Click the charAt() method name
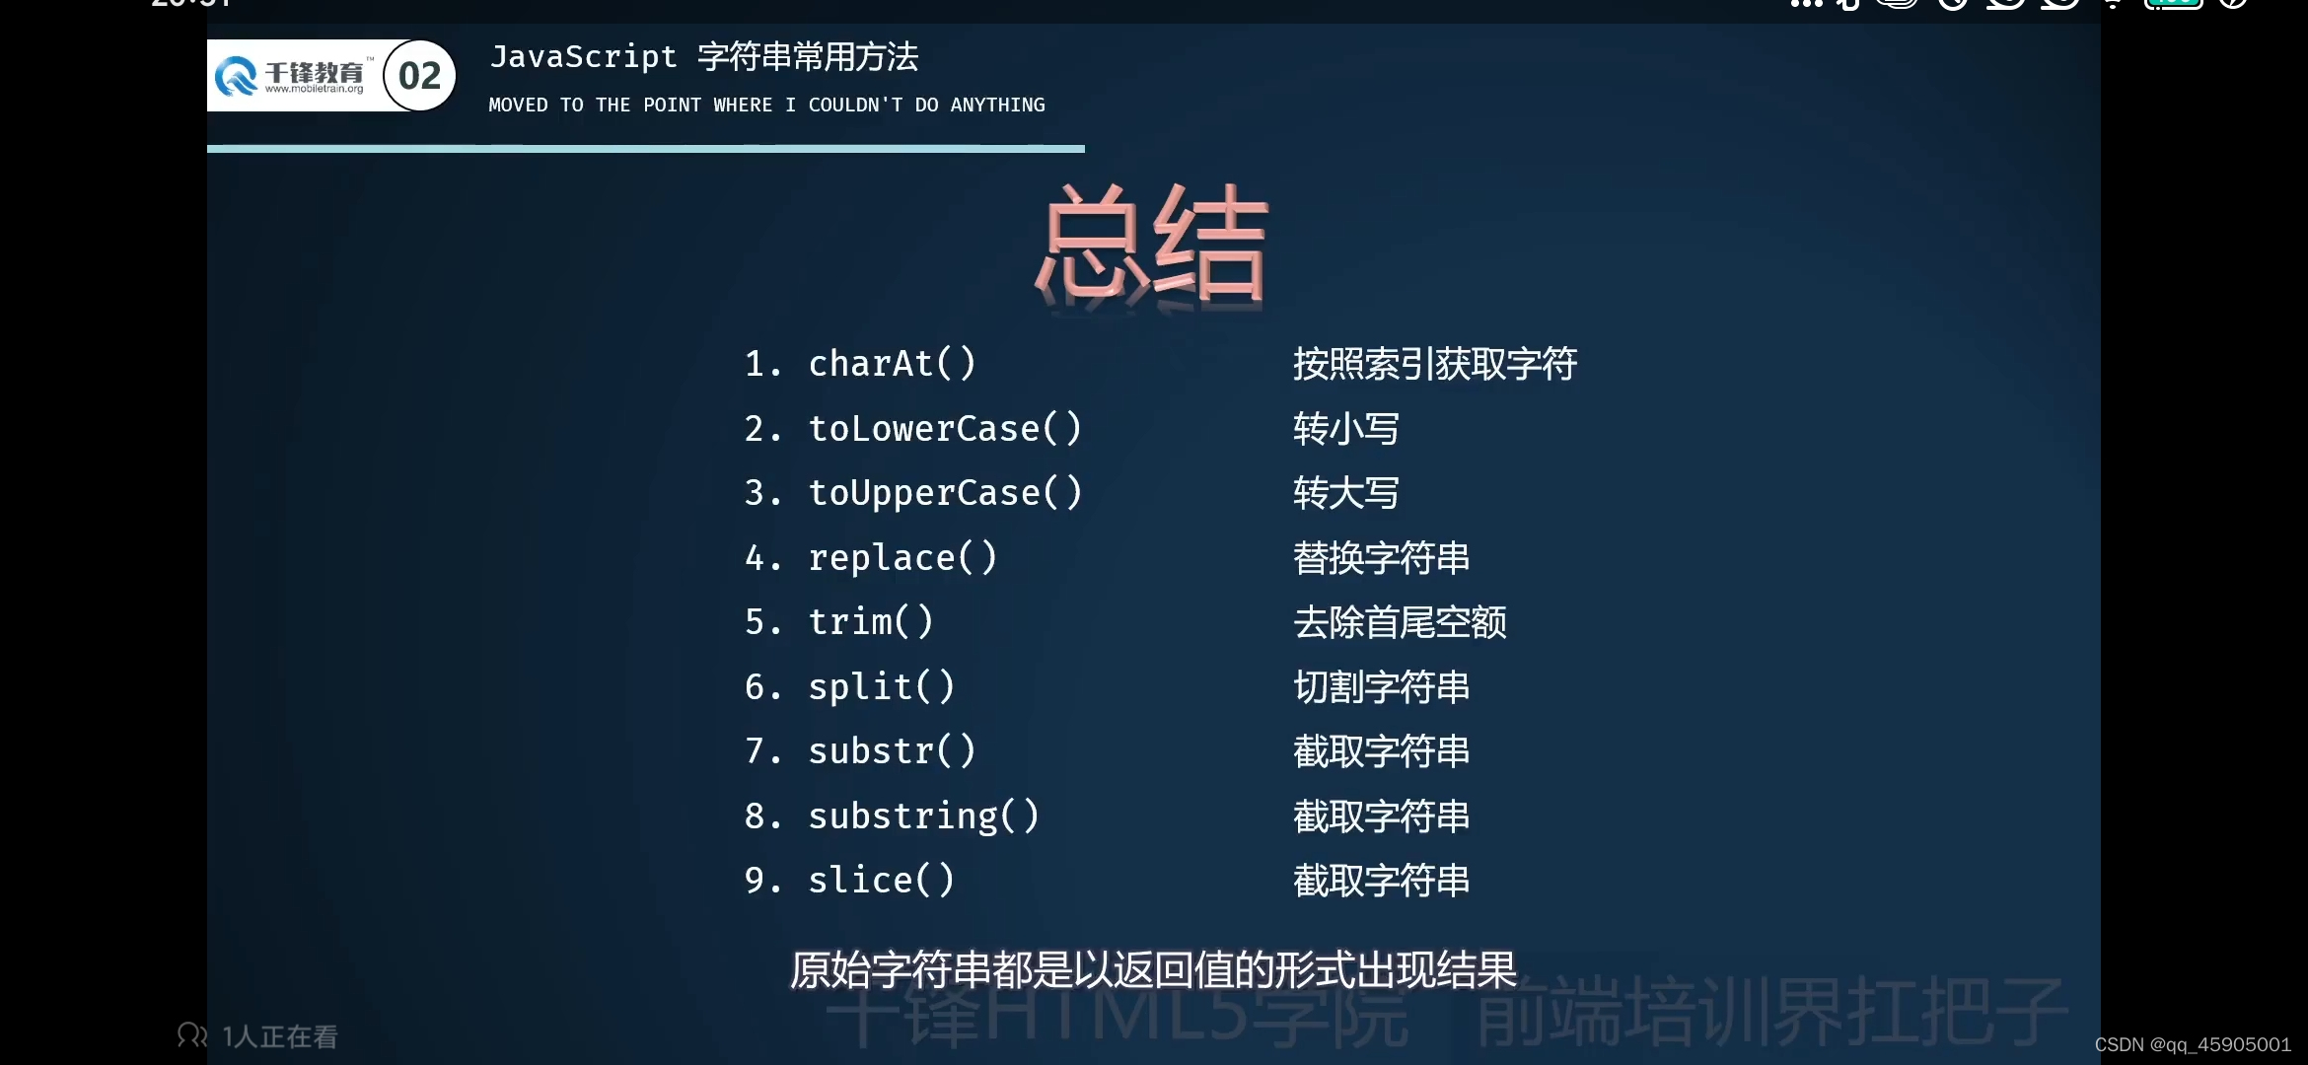coord(892,364)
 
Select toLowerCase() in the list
coord(945,429)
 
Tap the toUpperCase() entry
coord(945,493)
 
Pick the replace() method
coord(902,558)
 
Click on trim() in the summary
coord(870,622)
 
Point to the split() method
coord(881,687)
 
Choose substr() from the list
coord(892,751)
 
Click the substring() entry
coord(923,816)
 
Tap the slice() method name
coord(881,881)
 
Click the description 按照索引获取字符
coord(1435,364)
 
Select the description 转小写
coord(1346,429)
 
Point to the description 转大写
coord(1346,493)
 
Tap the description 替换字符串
coord(1381,558)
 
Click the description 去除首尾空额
coord(1400,622)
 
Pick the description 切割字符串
coord(1381,687)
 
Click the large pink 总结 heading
coord(1152,244)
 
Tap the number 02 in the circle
coord(419,76)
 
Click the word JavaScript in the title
coord(583,57)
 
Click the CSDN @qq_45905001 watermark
coord(2192,1044)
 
